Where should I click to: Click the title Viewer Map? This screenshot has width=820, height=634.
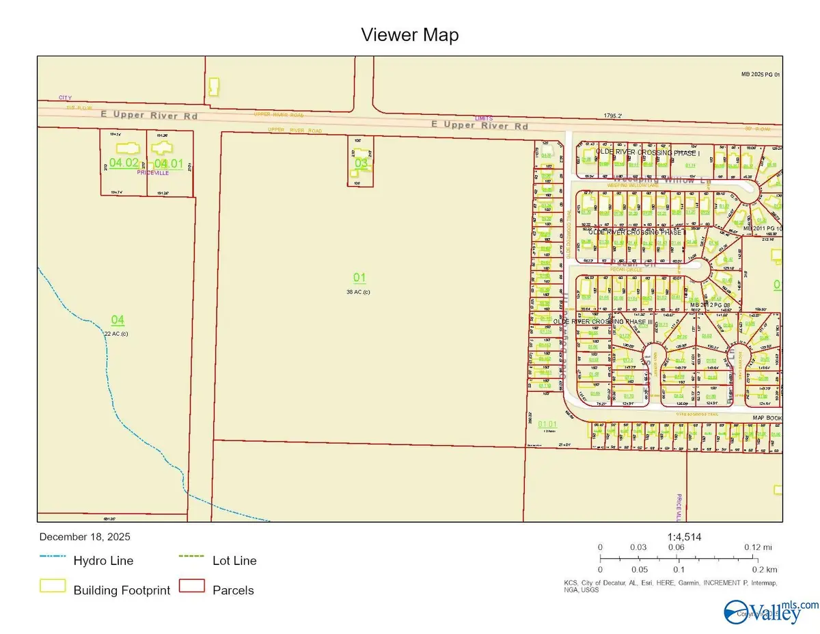point(409,35)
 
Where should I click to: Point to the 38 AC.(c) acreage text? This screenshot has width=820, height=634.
point(359,291)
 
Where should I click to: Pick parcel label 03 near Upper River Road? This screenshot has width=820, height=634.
point(361,163)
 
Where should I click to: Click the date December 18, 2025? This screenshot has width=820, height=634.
point(85,537)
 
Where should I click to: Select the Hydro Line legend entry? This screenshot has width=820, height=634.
point(103,561)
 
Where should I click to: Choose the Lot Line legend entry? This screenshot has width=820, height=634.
point(234,561)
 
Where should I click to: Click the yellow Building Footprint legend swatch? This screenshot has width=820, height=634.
point(53,586)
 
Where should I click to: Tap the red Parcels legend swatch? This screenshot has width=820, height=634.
point(192,586)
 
